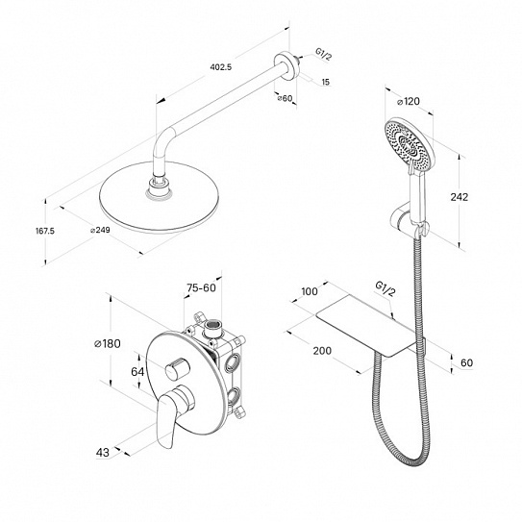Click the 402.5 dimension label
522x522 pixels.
[221, 67]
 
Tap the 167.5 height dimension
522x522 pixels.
[45, 231]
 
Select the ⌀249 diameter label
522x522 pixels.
[100, 230]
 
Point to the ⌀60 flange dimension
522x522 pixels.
[285, 98]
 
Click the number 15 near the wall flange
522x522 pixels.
[326, 82]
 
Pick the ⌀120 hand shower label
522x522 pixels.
[409, 101]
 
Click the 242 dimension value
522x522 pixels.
[460, 197]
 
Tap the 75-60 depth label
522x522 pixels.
[201, 287]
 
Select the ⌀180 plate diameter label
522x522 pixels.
[108, 343]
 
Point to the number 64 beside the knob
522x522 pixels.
[137, 371]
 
